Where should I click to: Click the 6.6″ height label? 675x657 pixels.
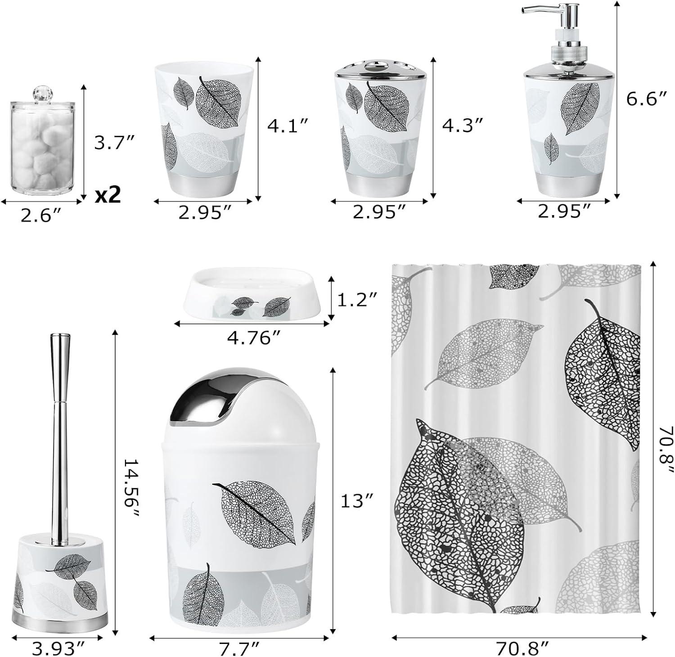646,99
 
